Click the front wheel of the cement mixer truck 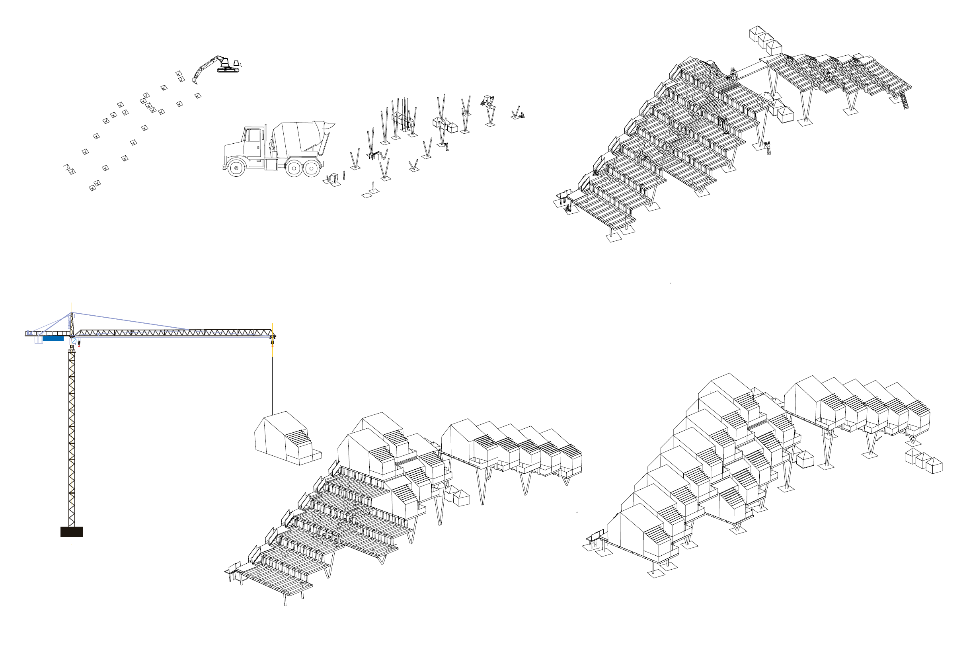[x=236, y=168]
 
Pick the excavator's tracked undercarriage [x=228, y=70]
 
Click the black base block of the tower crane [x=71, y=531]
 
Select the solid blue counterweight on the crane [x=53, y=338]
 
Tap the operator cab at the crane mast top [x=73, y=341]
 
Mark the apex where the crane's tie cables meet [x=72, y=313]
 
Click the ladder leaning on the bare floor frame [x=905, y=102]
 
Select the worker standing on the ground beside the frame [x=768, y=148]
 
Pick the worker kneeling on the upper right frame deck [x=829, y=77]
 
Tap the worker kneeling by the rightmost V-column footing [x=521, y=115]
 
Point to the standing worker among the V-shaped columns [x=446, y=146]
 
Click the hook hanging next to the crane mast [x=79, y=344]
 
